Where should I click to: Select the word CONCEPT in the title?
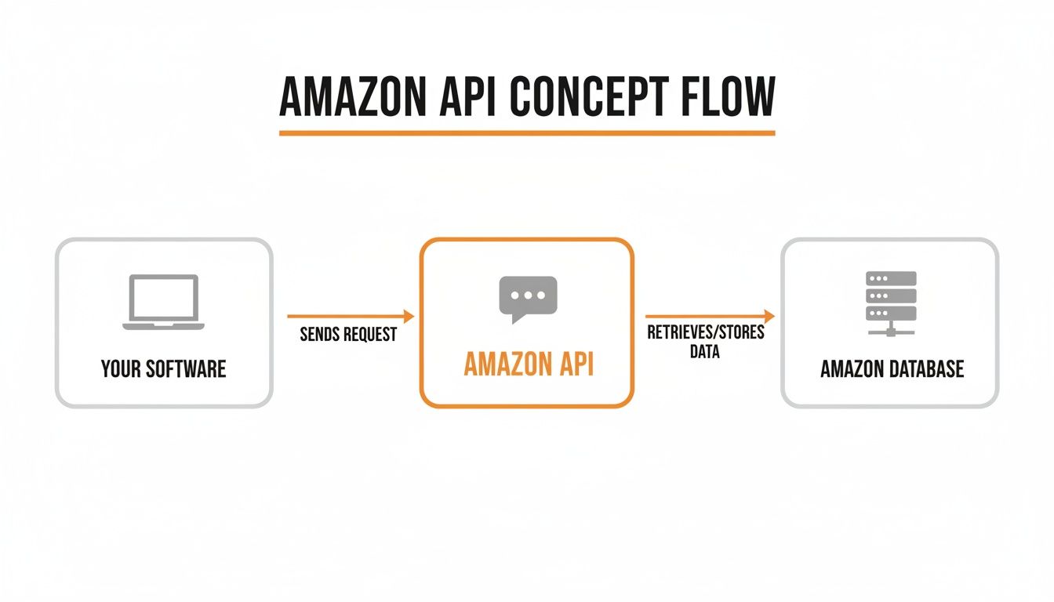tap(585, 98)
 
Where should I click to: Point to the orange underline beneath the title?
tap(527, 133)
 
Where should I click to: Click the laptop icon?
tap(163, 302)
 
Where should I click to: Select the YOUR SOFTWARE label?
tap(163, 368)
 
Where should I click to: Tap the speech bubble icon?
tap(527, 299)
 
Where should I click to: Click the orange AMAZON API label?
tap(527, 365)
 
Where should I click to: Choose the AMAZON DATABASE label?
tap(892, 369)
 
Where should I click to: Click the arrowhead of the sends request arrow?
tap(408, 316)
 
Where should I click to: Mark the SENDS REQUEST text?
tap(348, 335)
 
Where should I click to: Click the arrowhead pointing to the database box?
tap(769, 316)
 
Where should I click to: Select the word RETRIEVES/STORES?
tap(706, 333)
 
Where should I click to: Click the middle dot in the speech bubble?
tap(527, 296)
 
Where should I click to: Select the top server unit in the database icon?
tap(891, 278)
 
